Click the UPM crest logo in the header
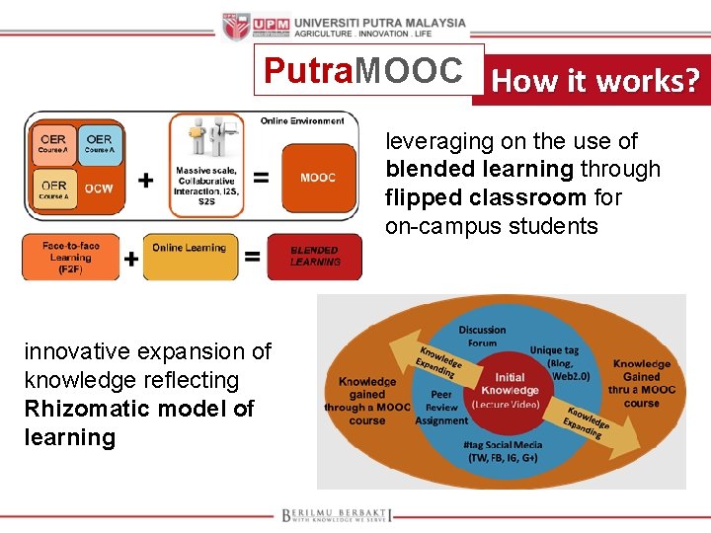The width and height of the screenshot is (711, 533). [237, 27]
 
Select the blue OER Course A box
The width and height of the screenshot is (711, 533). [99, 143]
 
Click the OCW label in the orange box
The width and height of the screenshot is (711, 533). [99, 189]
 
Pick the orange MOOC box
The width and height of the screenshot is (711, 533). [318, 178]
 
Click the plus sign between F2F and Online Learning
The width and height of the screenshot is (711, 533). [131, 259]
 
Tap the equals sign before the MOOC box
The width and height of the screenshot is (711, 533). [261, 179]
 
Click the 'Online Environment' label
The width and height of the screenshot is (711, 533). [302, 121]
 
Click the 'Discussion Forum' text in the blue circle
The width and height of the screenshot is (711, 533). [483, 337]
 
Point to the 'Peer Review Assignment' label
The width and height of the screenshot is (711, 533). [441, 407]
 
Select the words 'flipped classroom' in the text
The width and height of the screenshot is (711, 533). [486, 197]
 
